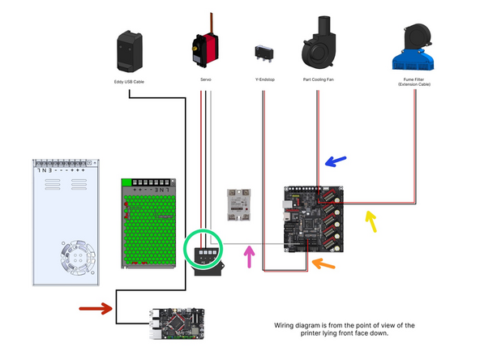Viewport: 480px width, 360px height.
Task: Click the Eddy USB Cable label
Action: pos(129,80)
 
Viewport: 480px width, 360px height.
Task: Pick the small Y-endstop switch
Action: pos(261,52)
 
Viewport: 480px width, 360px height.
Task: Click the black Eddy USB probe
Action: pos(129,51)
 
